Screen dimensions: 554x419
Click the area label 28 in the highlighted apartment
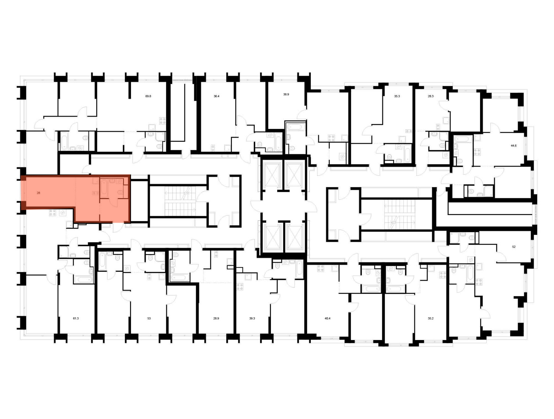[39, 193]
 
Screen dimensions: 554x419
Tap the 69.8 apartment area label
[148, 96]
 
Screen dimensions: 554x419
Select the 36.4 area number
[216, 96]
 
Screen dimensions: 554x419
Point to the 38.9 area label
[286, 94]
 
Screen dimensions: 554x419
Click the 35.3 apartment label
[397, 96]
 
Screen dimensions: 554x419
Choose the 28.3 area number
[431, 96]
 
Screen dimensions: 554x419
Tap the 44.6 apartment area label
[514, 145]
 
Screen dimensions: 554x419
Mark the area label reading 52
[514, 247]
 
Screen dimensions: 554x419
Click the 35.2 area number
[430, 318]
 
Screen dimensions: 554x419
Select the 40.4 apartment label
[327, 318]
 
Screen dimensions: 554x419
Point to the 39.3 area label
[252, 318]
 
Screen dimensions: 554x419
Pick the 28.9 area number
[216, 318]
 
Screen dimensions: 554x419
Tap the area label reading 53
[149, 318]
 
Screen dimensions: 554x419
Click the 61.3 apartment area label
[76, 318]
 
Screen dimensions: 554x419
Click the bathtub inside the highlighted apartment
[104, 188]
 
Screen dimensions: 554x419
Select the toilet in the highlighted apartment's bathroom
[120, 193]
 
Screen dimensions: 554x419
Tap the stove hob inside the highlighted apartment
[96, 193]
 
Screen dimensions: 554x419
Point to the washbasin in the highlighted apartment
[112, 181]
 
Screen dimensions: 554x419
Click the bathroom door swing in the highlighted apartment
[114, 203]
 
